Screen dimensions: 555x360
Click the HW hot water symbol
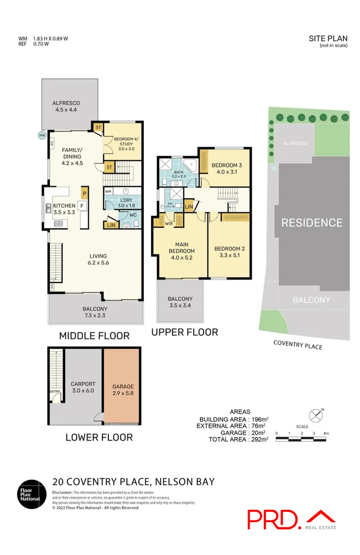(42, 136)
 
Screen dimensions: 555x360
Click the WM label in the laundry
(109, 191)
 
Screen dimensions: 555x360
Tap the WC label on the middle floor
(132, 215)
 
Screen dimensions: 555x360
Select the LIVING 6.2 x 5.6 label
(98, 259)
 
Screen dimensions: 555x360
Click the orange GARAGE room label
(123, 390)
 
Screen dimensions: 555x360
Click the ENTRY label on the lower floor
(55, 392)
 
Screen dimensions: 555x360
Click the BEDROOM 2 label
(229, 252)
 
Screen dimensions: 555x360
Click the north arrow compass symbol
(316, 415)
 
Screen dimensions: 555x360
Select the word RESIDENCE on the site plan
(311, 223)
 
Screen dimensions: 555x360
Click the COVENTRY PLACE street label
(297, 345)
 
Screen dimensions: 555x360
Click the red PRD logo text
(274, 520)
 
